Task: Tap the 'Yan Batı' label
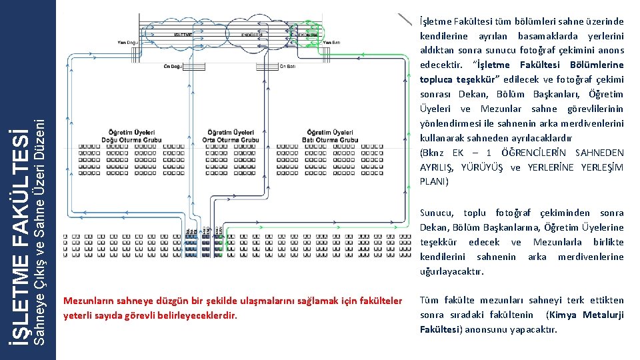click(331, 43)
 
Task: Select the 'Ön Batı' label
click(287, 65)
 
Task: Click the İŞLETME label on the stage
click(184, 33)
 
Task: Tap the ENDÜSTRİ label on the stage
click(252, 33)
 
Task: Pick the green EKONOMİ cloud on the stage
click(307, 33)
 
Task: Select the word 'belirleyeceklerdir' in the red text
click(201, 315)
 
